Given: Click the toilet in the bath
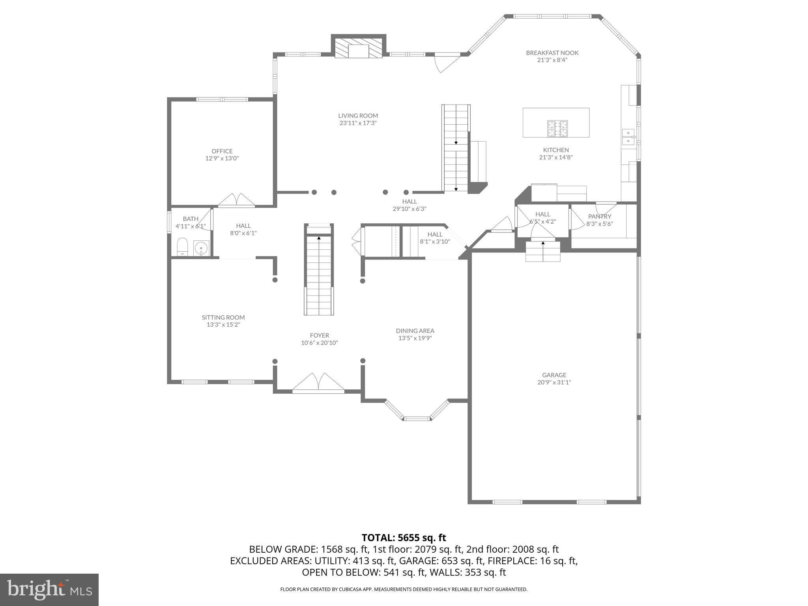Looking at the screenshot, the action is coord(182,247).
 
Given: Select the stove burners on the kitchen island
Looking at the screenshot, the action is coord(557,128).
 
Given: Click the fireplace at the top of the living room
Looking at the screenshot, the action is coord(358,48).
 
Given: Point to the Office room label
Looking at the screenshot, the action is coord(222,151).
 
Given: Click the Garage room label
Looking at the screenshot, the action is coord(554,375).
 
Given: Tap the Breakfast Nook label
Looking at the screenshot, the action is coord(552,53).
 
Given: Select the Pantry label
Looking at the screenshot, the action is coord(599,216).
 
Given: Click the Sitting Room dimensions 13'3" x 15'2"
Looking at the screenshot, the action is coord(223,325).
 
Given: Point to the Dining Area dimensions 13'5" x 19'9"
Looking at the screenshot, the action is coord(415,338).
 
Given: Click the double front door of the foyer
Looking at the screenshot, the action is coord(318,383).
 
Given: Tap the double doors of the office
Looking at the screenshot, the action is coord(236,200).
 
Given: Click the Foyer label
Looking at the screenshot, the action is coord(319,336).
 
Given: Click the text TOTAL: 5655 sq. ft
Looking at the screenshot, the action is coord(404,537).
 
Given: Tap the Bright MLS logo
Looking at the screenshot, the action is coord(49,589).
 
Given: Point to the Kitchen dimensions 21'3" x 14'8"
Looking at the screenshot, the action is coord(556,157).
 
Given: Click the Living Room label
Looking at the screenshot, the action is coord(358,116).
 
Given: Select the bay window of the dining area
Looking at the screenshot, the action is coord(417,411).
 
